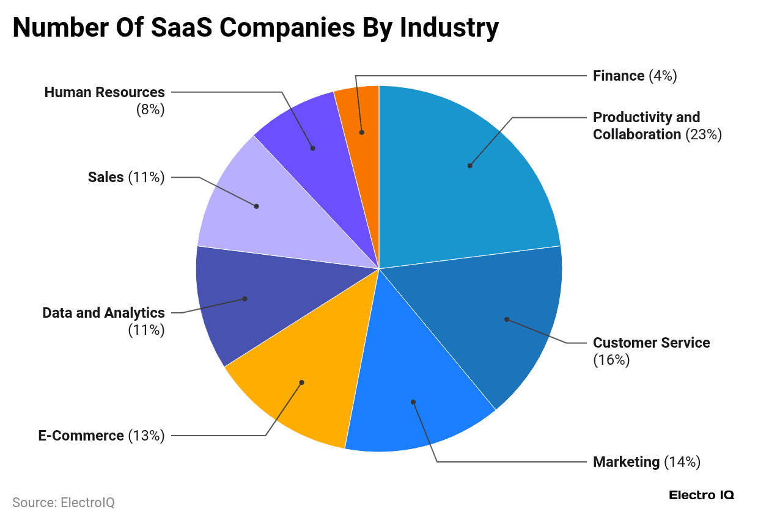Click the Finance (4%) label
point(635,76)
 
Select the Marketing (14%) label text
point(646,462)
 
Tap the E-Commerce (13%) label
point(101,436)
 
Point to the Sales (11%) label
point(126,177)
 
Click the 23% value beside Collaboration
point(704,134)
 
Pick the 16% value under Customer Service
point(611,360)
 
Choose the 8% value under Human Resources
point(150,110)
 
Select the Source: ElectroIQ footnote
point(64,502)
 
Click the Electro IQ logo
point(701,495)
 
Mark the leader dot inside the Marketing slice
point(413,402)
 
